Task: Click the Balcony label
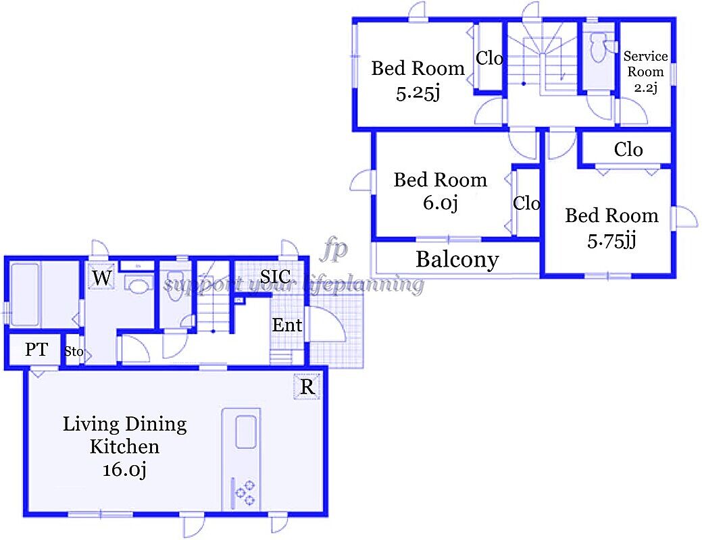coord(457,259)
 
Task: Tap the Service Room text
coord(645,63)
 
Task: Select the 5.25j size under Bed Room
coord(418,94)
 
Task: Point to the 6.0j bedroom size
coord(441,202)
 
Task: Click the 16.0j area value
coord(124,470)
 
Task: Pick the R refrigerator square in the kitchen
coord(307,386)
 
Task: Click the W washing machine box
coord(101,278)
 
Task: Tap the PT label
coord(36,350)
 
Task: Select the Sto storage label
coord(74,351)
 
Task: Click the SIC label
coord(275,277)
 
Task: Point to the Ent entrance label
coord(287,325)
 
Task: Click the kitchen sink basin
coord(246,432)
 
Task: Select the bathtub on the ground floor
coord(24,294)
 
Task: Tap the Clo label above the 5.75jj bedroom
coord(628,149)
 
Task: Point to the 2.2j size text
coord(645,88)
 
